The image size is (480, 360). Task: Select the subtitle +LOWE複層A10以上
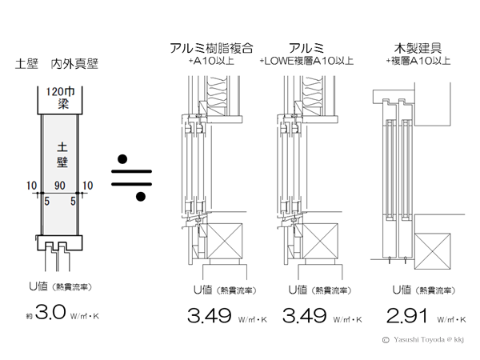[310, 60]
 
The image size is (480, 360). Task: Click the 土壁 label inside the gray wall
[61, 154]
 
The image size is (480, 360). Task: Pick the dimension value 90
[61, 186]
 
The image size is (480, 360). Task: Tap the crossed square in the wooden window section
[437, 246]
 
